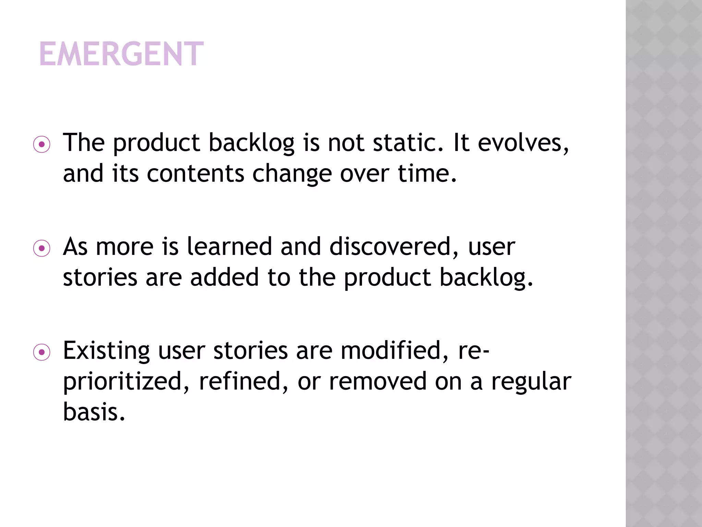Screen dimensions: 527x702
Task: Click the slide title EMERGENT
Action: point(122,54)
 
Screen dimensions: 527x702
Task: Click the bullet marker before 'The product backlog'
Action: point(42,145)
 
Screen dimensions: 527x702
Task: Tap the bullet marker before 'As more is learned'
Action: point(42,248)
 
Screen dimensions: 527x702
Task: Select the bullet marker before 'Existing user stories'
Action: point(42,352)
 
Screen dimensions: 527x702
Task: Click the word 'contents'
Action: point(195,173)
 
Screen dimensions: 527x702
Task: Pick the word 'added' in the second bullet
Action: point(225,277)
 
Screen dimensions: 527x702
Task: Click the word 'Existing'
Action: point(106,351)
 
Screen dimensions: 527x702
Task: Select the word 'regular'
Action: point(531,382)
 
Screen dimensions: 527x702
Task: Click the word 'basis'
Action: point(94,412)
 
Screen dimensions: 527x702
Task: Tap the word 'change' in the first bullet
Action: point(292,173)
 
